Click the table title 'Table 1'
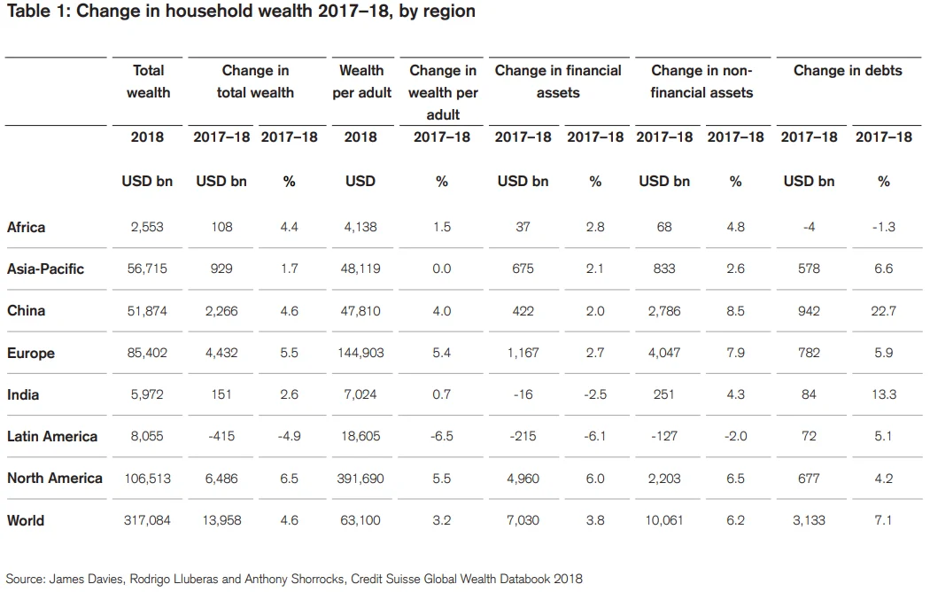240,12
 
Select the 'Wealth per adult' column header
361,81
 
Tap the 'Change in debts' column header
848,70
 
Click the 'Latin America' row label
51,436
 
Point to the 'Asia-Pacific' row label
45,269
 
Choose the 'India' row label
24,394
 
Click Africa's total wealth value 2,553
147,227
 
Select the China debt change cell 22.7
883,311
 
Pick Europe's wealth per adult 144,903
361,353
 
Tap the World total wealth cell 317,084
147,520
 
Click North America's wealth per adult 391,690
361,479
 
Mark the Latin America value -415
221,436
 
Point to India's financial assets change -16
523,394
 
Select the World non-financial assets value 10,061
664,520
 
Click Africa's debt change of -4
809,227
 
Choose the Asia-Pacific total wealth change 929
221,269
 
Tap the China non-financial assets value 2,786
664,311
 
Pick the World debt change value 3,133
809,520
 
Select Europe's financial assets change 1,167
523,353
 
